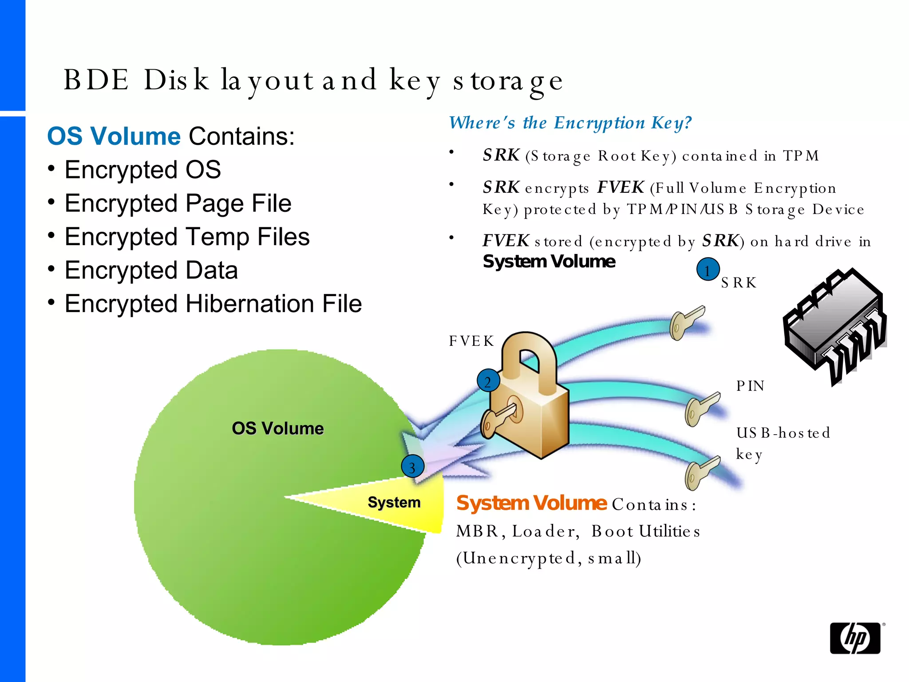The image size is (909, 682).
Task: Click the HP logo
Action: coord(855,638)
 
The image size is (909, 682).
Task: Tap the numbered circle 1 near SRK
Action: coord(707,270)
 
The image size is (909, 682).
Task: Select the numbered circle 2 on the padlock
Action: coord(488,381)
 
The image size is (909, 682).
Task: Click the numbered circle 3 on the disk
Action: coord(412,467)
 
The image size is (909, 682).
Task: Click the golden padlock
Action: coord(528,400)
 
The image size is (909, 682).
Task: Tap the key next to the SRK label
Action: coord(686,322)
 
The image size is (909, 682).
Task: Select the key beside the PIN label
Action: coord(701,408)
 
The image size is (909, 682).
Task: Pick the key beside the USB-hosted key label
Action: coord(701,473)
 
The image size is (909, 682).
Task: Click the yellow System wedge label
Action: coord(394,502)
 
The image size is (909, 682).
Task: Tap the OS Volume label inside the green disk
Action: coord(277,428)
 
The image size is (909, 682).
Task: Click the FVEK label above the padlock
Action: coord(471,341)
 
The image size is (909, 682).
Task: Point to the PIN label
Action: coord(750,386)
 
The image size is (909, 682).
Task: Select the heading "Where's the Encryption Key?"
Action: coord(570,123)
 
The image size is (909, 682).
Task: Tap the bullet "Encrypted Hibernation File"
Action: coord(213,304)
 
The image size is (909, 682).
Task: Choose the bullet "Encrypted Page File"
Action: coord(178,203)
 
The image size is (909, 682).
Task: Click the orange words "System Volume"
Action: coord(531,503)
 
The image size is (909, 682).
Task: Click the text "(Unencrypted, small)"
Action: coord(549,558)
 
